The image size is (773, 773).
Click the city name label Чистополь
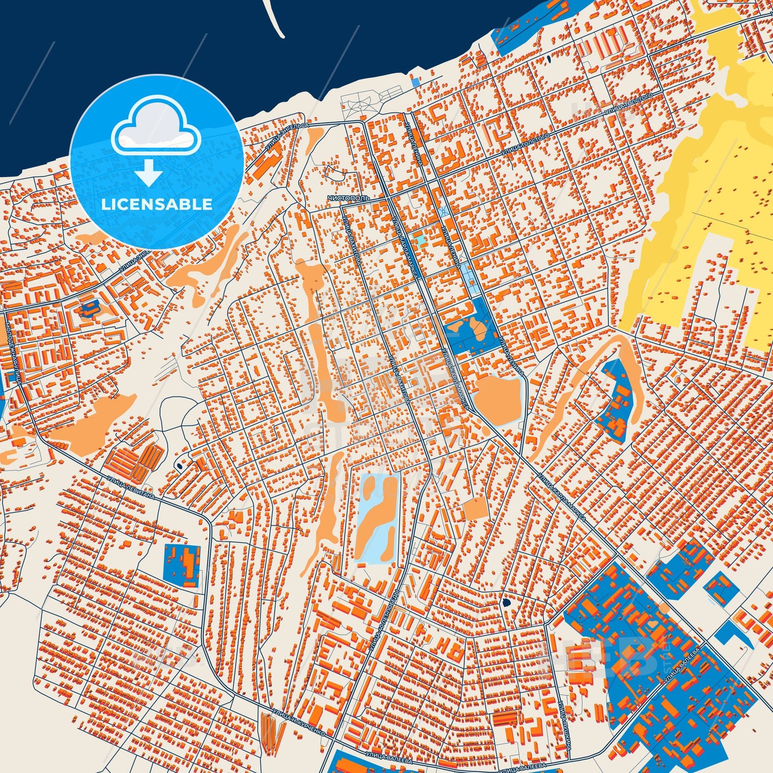(x=348, y=198)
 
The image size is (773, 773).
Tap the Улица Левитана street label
(x=131, y=488)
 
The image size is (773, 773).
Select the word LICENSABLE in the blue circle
(x=157, y=204)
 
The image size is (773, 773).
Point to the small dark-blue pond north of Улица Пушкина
(x=506, y=603)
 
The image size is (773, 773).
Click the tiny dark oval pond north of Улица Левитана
(x=179, y=466)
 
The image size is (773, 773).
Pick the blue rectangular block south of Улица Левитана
(x=182, y=565)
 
